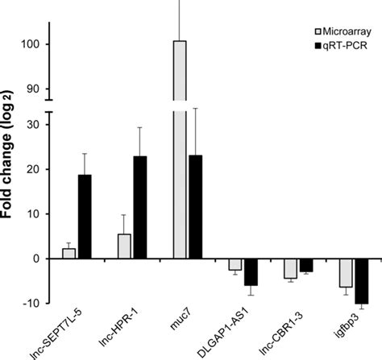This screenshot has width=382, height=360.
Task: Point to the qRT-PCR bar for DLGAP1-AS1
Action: pos(251,272)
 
